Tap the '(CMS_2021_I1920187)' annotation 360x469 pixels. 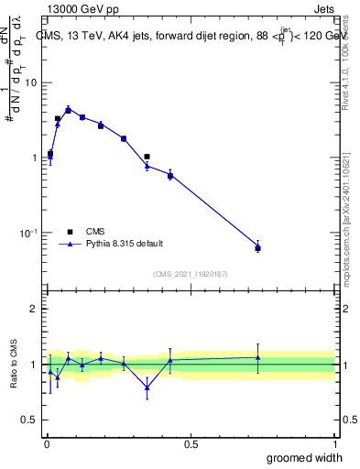(190, 273)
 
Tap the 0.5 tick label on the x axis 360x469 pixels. (191, 444)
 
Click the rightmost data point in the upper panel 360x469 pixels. (257, 247)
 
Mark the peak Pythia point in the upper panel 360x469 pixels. (68, 109)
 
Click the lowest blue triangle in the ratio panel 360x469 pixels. (147, 387)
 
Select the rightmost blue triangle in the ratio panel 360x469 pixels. (257, 357)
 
